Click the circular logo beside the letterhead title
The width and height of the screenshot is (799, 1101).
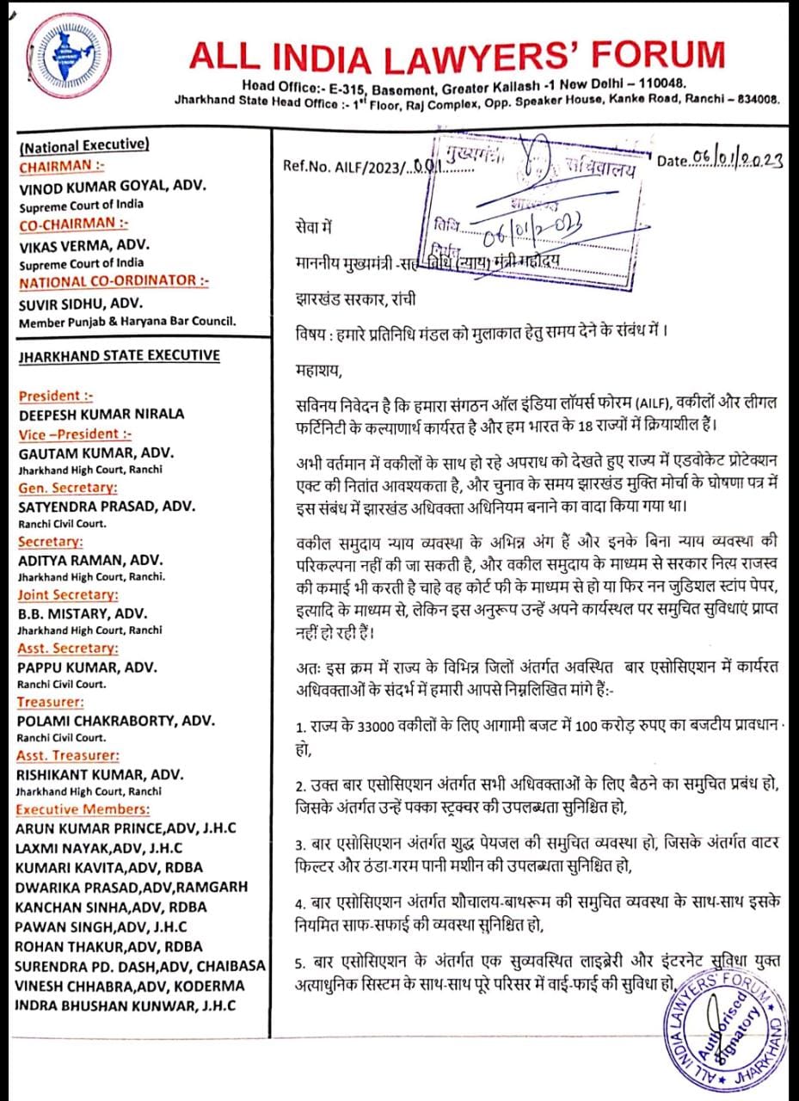coord(57,58)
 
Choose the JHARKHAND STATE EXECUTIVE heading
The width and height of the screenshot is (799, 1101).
coord(119,355)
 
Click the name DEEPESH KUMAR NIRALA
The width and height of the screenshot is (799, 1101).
coord(101,414)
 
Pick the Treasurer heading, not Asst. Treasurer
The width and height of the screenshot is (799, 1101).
coord(50,702)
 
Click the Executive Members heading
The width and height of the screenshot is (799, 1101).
coord(83,809)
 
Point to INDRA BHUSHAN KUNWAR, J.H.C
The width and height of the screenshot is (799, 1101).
coord(125,1006)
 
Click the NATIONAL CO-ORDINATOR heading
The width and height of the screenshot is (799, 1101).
coord(114,281)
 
